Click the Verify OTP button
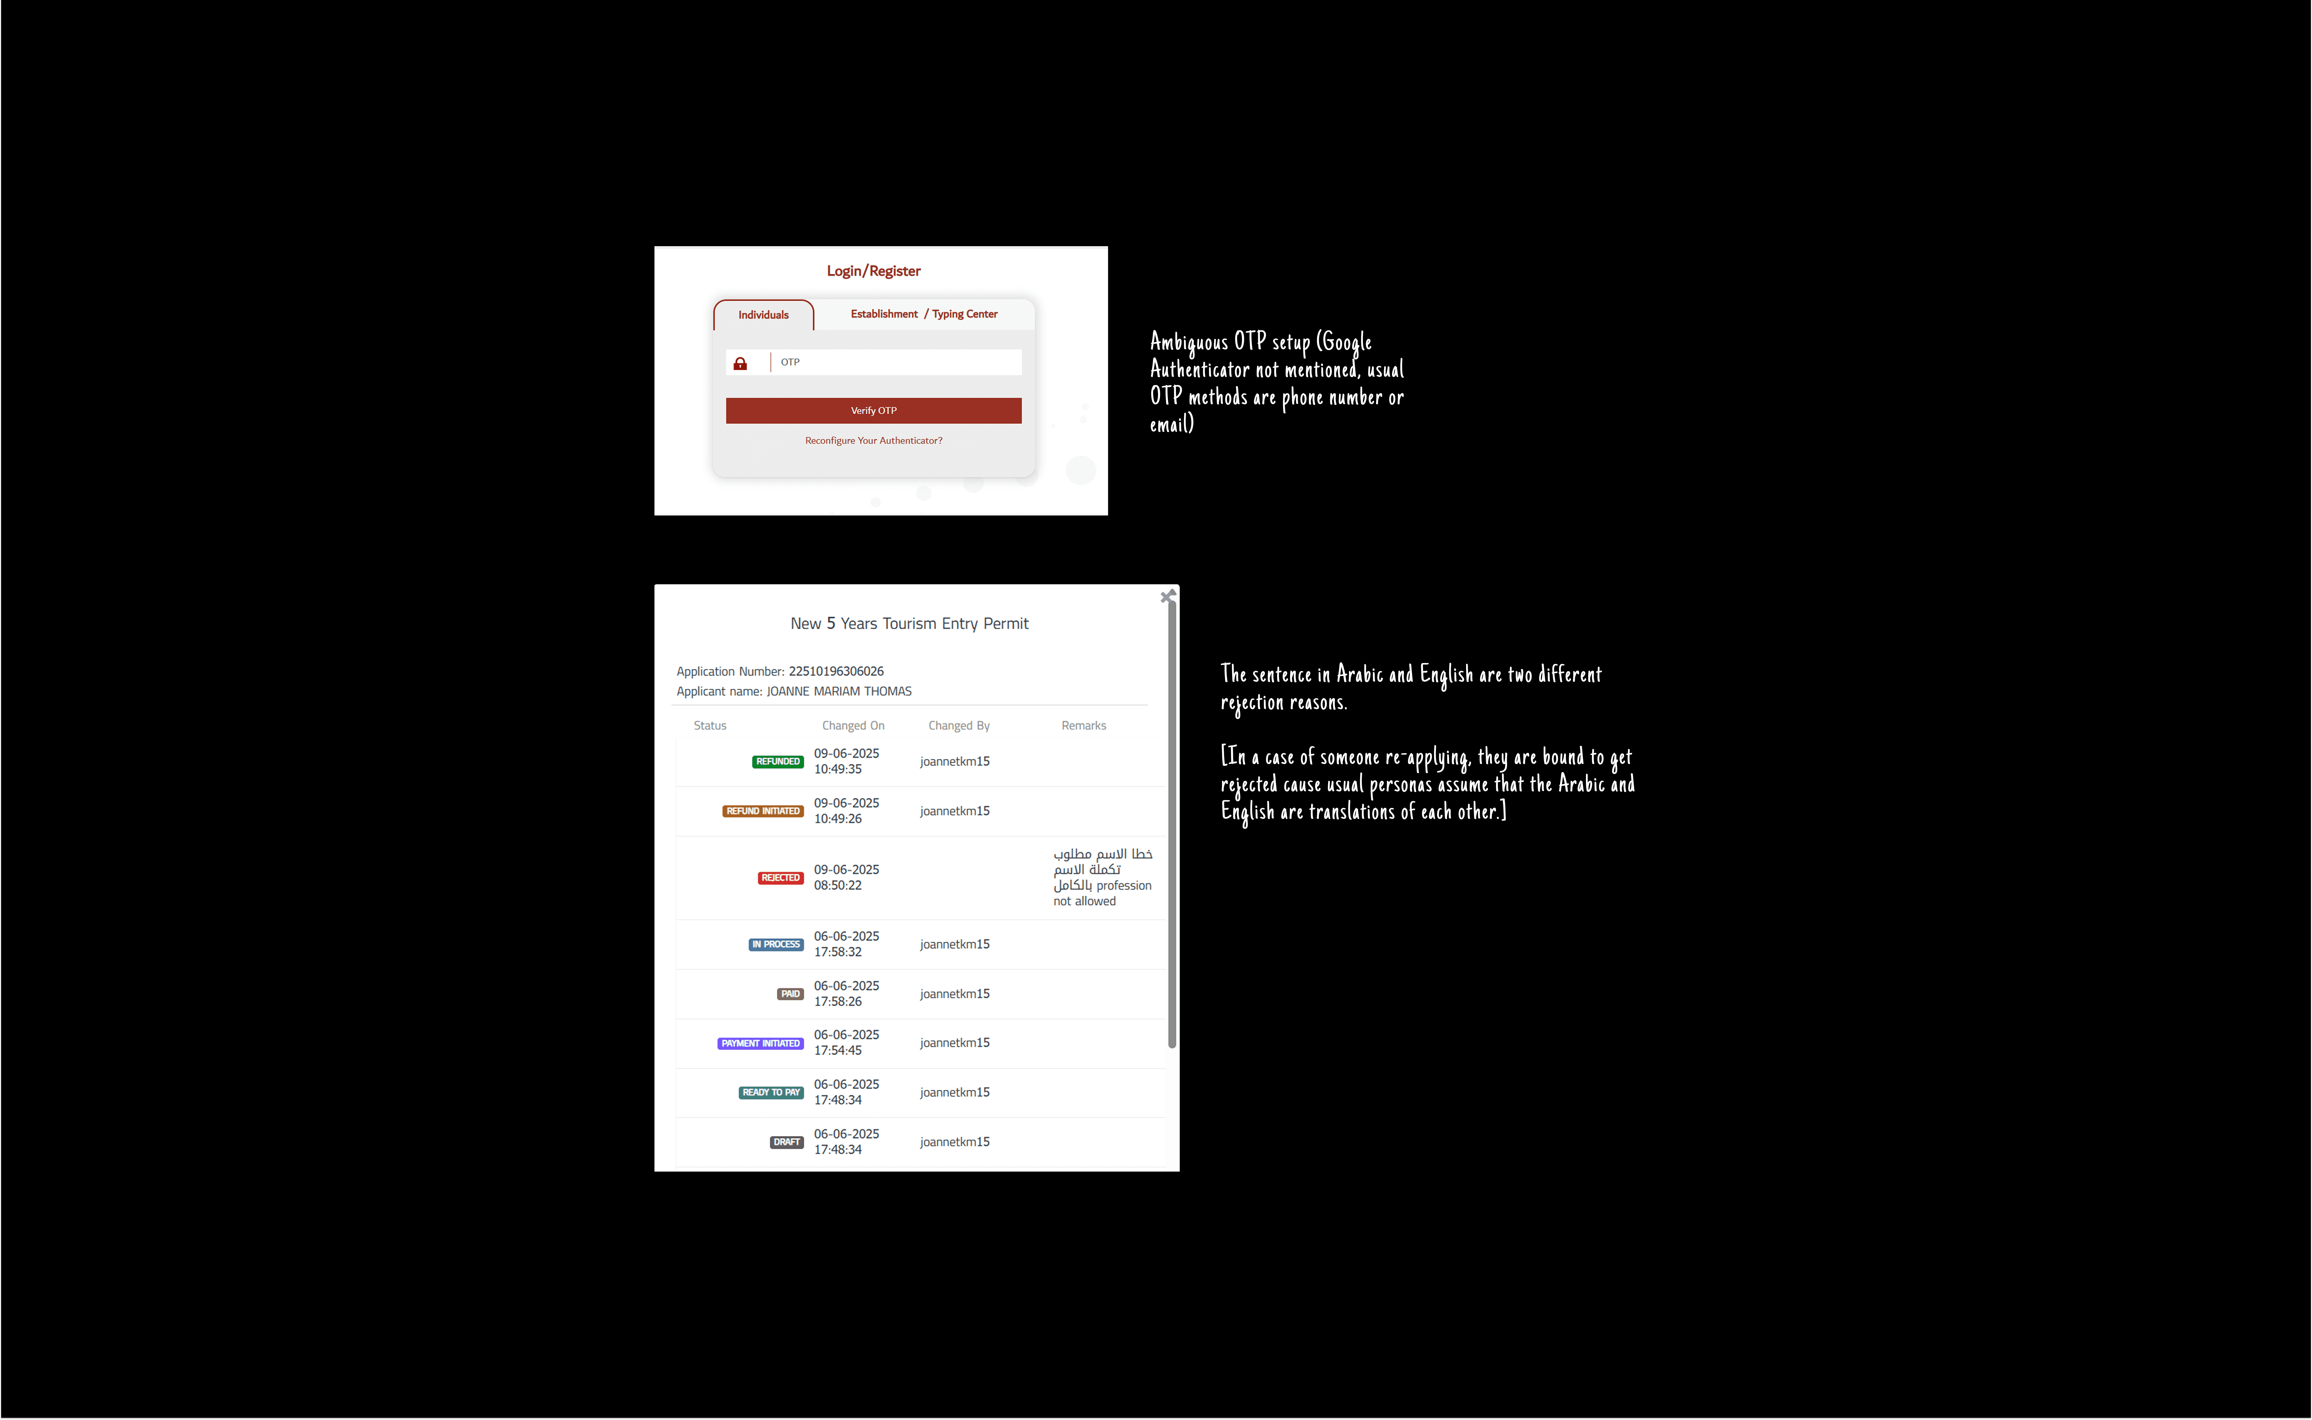[874, 410]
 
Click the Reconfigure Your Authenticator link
[874, 440]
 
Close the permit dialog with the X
[1167, 596]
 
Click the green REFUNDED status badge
[778, 762]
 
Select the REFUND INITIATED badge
[763, 811]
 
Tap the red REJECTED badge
[781, 878]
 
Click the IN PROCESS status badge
[776, 945]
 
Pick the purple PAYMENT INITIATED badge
[761, 1043]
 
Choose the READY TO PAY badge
[771, 1092]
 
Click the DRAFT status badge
[787, 1142]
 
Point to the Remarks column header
[1084, 726]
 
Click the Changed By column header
[959, 726]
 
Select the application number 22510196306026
[836, 671]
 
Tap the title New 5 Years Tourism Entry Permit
[909, 623]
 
